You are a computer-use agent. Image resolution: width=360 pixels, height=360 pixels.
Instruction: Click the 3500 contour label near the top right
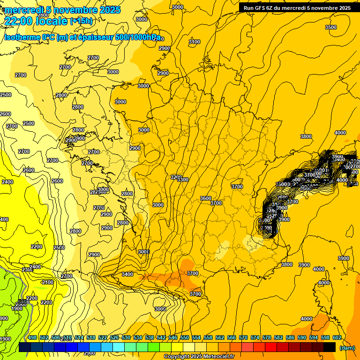330,27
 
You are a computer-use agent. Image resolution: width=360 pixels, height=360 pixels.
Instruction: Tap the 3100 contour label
194,42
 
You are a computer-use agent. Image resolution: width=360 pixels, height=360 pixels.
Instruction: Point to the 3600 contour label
205,198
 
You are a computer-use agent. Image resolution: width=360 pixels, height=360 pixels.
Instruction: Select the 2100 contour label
47,282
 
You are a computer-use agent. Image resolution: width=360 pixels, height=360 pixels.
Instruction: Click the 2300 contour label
27,270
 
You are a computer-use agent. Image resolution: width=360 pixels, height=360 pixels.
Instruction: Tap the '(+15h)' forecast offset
82,21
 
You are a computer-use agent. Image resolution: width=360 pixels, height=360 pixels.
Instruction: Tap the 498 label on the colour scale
32,337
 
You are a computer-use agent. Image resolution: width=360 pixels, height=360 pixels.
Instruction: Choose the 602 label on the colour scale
337,337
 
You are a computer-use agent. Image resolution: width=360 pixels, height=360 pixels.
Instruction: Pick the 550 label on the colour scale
185,337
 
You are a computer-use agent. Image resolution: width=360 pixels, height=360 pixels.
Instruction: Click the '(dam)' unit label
347,348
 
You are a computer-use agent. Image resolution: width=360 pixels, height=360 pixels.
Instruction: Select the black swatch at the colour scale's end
330,347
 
